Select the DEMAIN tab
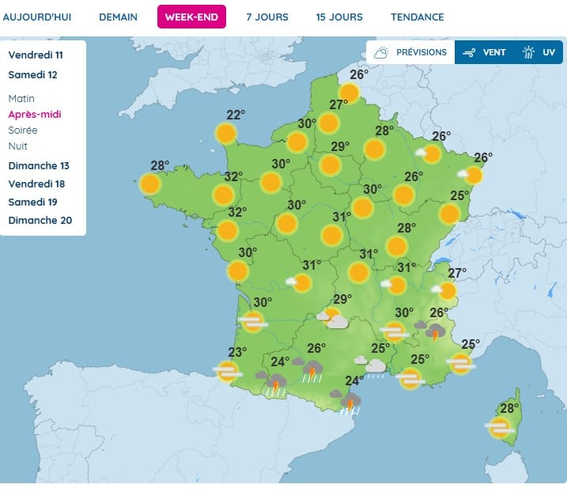point(118,17)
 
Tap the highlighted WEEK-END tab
point(191,17)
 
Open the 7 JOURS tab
point(267,17)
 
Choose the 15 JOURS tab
point(339,17)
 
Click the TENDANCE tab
point(418,17)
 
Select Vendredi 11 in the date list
point(36,55)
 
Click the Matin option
point(22,99)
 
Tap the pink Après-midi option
point(35,115)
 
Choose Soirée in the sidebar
point(23,131)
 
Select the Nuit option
point(18,146)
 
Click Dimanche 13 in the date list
point(39,166)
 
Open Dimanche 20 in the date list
point(40,221)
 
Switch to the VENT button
point(485,53)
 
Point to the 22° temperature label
point(236,115)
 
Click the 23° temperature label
point(237,353)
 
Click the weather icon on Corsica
point(499,428)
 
